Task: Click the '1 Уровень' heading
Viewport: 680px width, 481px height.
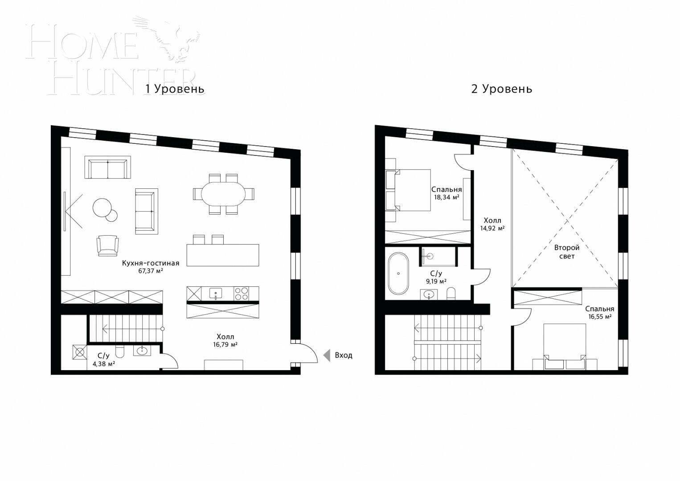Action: (x=175, y=89)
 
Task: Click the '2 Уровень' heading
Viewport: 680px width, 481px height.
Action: (x=501, y=89)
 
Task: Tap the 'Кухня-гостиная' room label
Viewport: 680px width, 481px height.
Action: (x=151, y=263)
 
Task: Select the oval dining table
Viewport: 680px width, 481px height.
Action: (x=223, y=194)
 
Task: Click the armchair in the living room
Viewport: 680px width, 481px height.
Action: (x=107, y=245)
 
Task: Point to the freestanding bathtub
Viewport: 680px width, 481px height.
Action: (x=397, y=273)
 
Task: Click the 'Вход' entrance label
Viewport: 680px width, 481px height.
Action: (x=343, y=355)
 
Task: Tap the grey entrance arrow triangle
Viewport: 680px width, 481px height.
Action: (x=327, y=355)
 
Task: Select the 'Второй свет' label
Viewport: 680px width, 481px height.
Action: (x=566, y=252)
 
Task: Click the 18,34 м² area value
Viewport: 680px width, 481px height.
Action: (x=447, y=197)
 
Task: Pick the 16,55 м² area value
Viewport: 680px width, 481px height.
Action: (x=599, y=317)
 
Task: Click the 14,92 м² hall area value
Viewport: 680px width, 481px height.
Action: (x=492, y=228)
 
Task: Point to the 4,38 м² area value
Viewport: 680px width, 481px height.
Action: (x=103, y=363)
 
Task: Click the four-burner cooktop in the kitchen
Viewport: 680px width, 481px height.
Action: (x=242, y=293)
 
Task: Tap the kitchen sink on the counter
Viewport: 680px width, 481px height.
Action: (x=216, y=293)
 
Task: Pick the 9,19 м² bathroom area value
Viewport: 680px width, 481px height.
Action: (x=436, y=281)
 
